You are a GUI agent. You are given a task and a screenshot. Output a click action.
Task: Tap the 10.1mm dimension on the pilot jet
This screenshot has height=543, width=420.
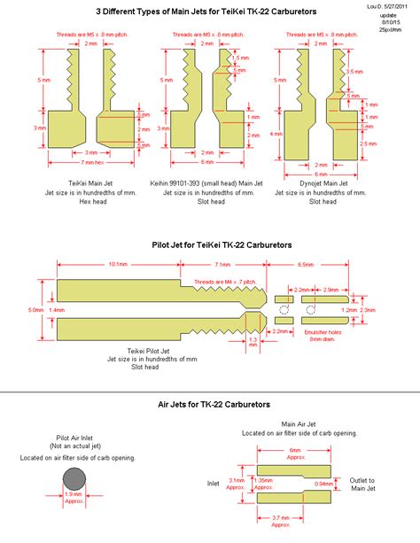click(120, 264)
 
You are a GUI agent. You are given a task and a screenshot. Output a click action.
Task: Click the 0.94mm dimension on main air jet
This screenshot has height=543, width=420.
click(324, 484)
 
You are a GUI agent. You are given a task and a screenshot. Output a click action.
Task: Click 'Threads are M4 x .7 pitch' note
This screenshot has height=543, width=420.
click(225, 279)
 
